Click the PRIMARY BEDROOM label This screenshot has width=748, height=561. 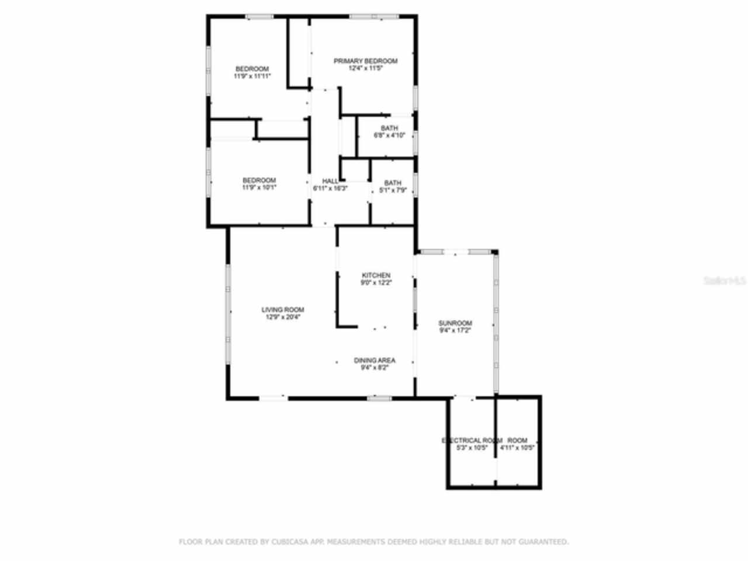365,61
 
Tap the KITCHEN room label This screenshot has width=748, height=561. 376,275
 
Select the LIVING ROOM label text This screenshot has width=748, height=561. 283,310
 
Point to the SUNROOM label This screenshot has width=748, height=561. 455,323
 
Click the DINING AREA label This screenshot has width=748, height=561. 375,361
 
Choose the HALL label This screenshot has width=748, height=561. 330,181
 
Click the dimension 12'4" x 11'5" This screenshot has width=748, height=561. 365,68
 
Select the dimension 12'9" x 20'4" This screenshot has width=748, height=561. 283,317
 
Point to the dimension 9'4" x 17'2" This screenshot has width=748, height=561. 455,330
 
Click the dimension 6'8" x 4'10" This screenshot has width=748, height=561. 389,136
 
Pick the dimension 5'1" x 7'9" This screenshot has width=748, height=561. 393,190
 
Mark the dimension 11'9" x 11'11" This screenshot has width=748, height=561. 252,76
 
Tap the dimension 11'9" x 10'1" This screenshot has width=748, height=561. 259,188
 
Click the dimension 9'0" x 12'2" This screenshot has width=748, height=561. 376,282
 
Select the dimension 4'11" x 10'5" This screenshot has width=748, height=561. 517,448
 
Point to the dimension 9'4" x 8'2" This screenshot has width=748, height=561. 375,368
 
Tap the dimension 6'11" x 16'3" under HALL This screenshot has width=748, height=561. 330,189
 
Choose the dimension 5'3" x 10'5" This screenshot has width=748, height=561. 472,448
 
